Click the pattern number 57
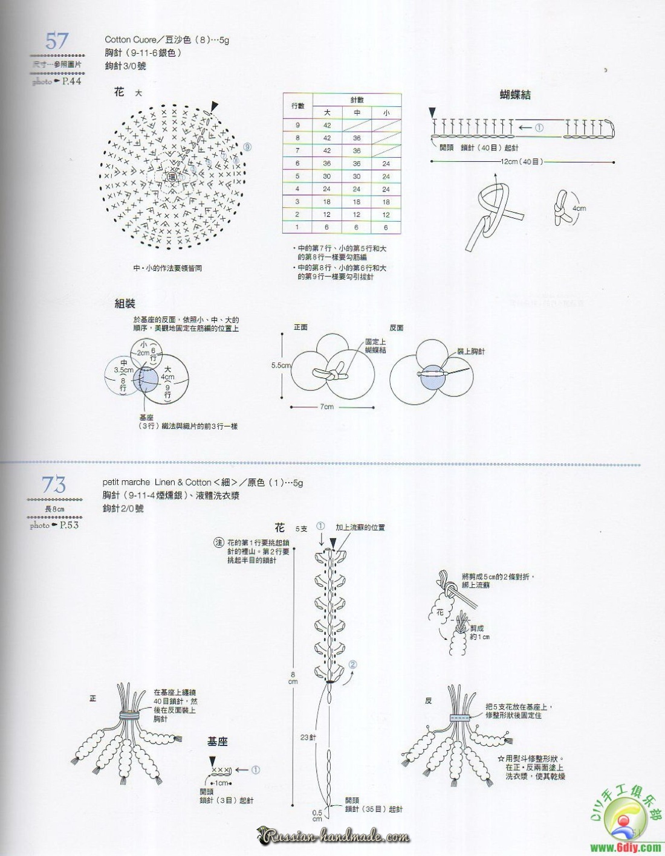click(57, 41)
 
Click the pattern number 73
click(54, 484)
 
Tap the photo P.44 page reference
click(56, 81)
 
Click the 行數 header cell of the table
click(297, 106)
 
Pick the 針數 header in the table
click(357, 100)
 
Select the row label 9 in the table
click(297, 126)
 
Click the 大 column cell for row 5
click(326, 176)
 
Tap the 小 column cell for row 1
click(386, 228)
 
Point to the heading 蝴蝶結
click(515, 95)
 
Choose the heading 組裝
click(125, 303)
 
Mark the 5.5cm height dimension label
click(281, 365)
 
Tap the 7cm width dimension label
click(326, 407)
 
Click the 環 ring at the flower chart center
click(172, 177)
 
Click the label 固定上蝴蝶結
click(375, 346)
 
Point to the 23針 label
click(308, 737)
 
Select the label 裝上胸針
click(471, 351)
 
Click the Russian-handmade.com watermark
click(335, 837)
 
